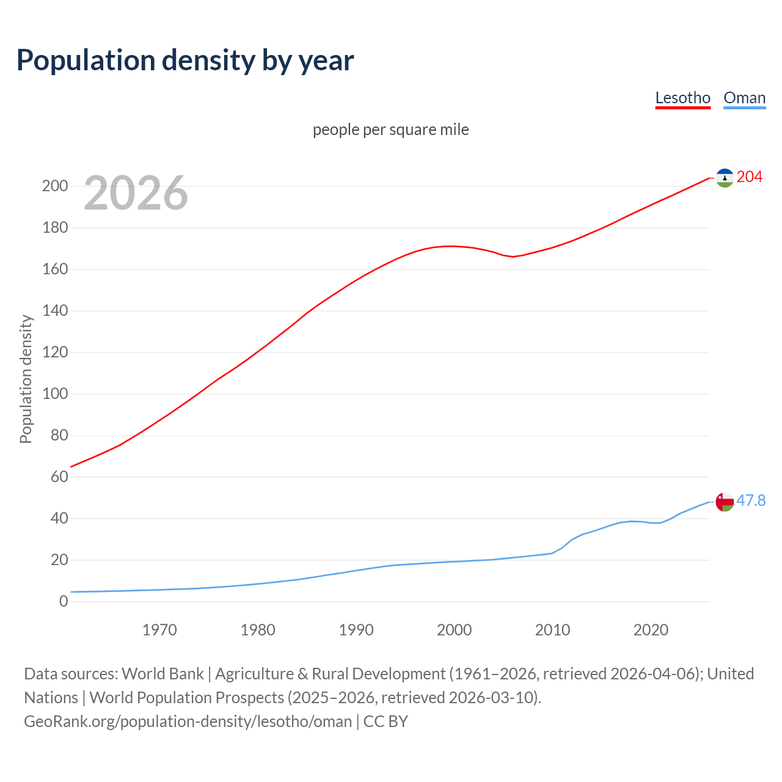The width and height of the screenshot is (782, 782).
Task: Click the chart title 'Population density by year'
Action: tap(185, 60)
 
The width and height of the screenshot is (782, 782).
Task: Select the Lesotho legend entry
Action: tap(682, 98)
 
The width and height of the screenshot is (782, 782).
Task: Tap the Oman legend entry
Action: tap(744, 98)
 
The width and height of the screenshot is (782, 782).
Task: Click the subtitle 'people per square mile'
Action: tap(390, 130)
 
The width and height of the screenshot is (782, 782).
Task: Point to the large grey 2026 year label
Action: tap(136, 193)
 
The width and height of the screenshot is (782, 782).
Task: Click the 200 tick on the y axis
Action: tap(55, 186)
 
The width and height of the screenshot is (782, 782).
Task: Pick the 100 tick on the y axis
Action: tap(55, 394)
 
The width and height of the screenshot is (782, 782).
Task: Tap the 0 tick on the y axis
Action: tap(64, 602)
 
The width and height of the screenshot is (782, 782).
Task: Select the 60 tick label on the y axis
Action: tap(59, 477)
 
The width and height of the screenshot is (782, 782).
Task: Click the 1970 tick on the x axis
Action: tap(159, 630)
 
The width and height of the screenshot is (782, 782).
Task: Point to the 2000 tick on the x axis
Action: tap(454, 630)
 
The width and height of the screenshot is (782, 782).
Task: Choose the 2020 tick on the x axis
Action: tap(651, 630)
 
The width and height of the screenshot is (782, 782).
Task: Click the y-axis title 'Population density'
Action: tap(26, 379)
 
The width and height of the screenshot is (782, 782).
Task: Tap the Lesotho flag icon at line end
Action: tap(725, 178)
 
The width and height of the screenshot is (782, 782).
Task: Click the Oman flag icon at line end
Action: tap(725, 502)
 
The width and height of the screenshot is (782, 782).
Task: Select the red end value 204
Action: tap(750, 177)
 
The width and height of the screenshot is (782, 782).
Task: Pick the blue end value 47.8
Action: tap(751, 501)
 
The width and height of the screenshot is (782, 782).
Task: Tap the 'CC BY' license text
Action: tap(386, 722)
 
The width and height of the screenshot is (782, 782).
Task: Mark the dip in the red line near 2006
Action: tap(513, 257)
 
